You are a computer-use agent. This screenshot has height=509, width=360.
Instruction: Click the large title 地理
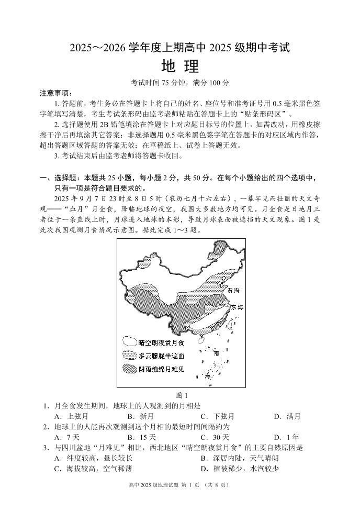180,67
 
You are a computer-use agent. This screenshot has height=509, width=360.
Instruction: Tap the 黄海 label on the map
234,290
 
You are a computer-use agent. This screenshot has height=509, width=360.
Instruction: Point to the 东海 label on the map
237,307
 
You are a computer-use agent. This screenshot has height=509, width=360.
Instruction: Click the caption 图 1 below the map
180,395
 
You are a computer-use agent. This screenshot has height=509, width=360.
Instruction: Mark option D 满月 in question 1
287,416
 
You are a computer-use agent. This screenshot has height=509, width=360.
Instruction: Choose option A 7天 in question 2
66,437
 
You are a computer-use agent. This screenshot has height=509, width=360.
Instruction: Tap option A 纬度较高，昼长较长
93,458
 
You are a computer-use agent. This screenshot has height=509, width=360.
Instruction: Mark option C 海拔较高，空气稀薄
93,468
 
